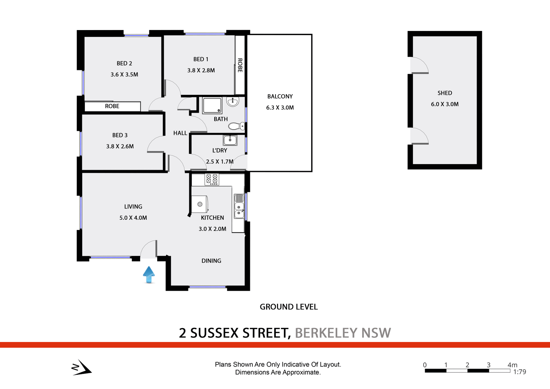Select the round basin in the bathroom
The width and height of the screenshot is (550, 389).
click(233, 101)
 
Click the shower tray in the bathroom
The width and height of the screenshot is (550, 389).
click(212, 105)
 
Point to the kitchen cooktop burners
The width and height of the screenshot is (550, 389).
click(212, 179)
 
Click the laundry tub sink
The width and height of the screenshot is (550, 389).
click(230, 140)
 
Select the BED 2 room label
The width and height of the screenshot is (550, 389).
click(124, 63)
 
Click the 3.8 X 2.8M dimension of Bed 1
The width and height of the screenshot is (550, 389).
click(201, 70)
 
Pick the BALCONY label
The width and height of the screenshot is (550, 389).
click(280, 97)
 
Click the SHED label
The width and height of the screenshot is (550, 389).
click(445, 93)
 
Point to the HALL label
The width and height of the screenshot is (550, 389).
click(180, 133)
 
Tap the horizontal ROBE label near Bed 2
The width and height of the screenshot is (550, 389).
click(112, 106)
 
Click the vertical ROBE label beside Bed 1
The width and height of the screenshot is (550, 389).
click(240, 65)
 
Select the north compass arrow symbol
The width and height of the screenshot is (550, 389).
click(81, 367)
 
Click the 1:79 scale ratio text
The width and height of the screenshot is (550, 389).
click(520, 372)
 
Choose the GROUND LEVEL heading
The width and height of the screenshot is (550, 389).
click(288, 307)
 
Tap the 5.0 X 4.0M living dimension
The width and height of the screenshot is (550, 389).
click(133, 218)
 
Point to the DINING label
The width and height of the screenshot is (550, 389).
click(211, 261)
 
